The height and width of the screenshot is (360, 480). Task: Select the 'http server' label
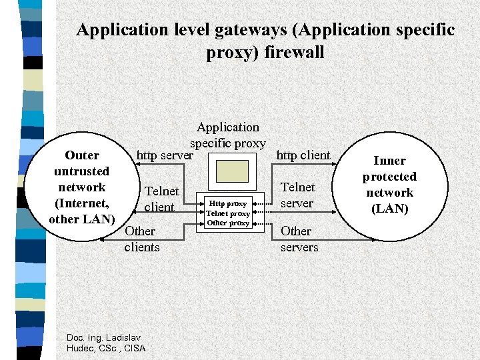tap(165, 156)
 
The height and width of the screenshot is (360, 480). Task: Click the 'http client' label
tap(303, 155)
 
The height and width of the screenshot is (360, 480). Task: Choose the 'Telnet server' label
tap(297, 195)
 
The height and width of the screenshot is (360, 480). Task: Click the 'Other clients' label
tap(141, 239)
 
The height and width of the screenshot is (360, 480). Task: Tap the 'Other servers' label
tap(299, 239)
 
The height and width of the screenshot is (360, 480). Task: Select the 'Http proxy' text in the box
tap(228, 203)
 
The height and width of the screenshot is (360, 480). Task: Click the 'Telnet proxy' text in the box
tap(228, 213)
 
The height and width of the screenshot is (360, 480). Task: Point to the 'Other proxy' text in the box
tap(228, 223)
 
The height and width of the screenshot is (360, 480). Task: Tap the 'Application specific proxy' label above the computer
tap(228, 135)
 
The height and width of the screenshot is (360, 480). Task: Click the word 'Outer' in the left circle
tap(82, 155)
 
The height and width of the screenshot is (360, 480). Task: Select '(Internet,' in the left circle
tap(82, 203)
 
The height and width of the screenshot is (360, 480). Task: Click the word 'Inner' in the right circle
tap(389, 161)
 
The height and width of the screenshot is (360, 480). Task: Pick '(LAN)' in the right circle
tap(389, 209)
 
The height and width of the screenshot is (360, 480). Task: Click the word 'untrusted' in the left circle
tap(82, 171)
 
